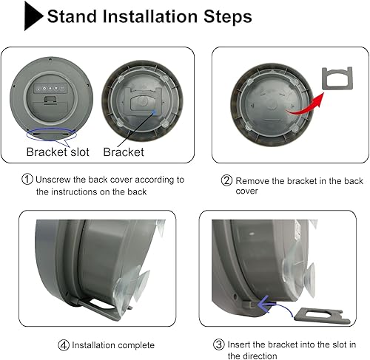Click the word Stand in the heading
click(x=75, y=16)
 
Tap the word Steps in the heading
click(x=224, y=16)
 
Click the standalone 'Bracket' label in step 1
click(x=124, y=152)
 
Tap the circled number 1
click(x=27, y=180)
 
